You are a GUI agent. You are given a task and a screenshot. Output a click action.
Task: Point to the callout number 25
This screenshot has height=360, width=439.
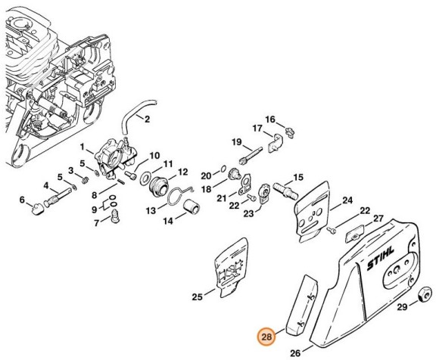click(197, 297)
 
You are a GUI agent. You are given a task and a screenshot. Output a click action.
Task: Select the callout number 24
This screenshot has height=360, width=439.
click(347, 200)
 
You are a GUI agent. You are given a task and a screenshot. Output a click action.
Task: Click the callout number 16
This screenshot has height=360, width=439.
click(270, 119)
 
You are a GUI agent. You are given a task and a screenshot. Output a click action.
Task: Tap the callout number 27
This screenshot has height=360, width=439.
click(380, 219)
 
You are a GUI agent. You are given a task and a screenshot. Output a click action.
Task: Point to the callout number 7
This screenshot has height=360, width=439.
click(96, 223)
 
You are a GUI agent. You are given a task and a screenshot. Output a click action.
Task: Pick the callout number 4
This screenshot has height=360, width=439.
click(46, 186)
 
